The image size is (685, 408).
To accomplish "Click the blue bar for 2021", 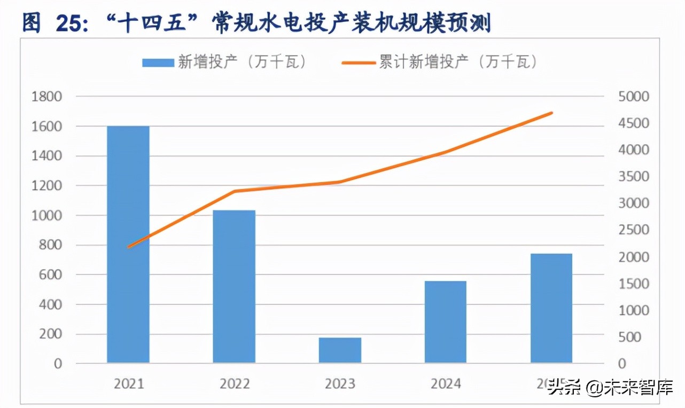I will pos(128,245).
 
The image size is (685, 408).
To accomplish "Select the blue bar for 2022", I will pos(234,287).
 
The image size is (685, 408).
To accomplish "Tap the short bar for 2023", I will pos(340,350).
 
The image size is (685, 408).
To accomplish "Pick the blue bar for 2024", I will pos(446,322).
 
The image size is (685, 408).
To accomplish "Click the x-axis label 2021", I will pos(129,383).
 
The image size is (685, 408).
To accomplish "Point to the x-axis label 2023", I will pos(340,383).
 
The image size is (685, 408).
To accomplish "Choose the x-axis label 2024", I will pos(446,383).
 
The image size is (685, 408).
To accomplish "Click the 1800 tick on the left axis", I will pos(47,97).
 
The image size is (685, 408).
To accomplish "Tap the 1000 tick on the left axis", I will pos(47,216).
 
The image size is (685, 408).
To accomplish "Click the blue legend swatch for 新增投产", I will pos(158,62).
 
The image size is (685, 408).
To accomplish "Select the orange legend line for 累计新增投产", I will pos(359,62).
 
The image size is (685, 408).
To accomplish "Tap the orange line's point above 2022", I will pos(235,191).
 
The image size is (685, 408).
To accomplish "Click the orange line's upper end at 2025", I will pos(551,113).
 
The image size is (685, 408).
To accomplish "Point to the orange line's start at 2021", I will pos(129,247).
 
